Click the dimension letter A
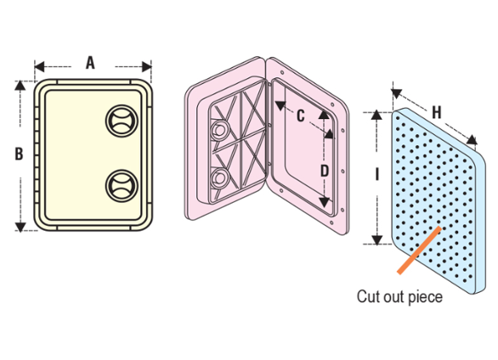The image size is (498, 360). [x=91, y=63]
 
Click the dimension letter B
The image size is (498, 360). [x=19, y=154]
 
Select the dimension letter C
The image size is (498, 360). [x=301, y=115]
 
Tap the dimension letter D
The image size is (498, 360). [x=325, y=172]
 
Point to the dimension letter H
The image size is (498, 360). [x=437, y=112]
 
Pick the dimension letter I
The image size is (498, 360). [x=376, y=174]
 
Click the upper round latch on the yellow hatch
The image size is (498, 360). [x=122, y=121]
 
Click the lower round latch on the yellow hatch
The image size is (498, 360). [x=122, y=186]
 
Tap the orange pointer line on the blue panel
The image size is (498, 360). [x=419, y=250]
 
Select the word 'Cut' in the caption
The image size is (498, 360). [x=367, y=297]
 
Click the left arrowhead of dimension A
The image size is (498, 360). [x=39, y=67]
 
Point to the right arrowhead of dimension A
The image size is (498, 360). [x=146, y=67]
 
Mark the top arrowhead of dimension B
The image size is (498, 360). [x=20, y=86]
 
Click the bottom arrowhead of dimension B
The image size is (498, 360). [x=20, y=227]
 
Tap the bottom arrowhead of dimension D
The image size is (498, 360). [x=324, y=202]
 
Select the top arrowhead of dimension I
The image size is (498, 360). [x=376, y=115]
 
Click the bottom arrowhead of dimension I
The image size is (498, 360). [x=376, y=240]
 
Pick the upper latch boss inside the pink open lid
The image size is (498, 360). [x=218, y=129]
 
